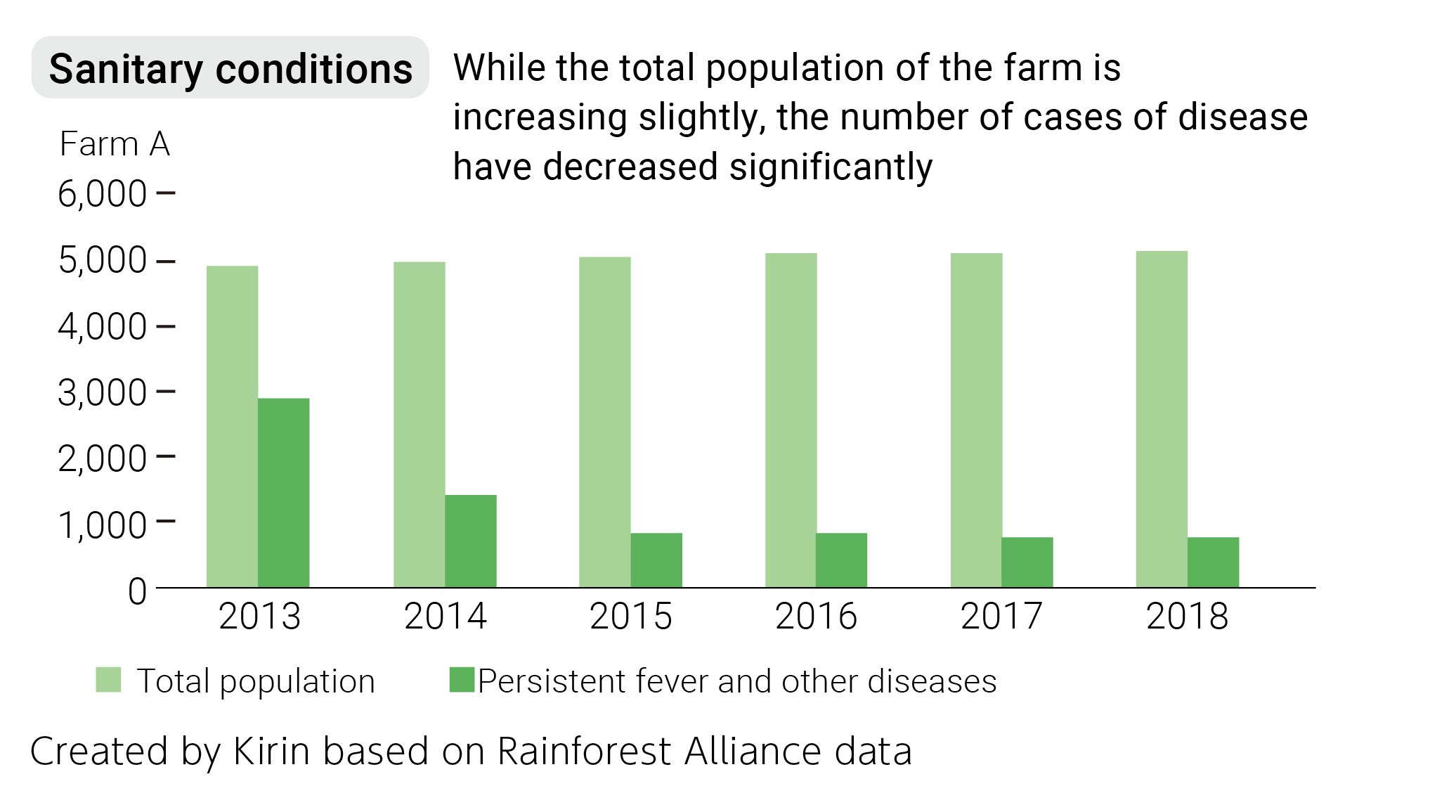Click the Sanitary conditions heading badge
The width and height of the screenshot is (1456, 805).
(x=230, y=68)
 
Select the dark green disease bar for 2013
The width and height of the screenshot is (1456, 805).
(x=283, y=492)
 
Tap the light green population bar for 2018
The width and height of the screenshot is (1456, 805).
(x=1161, y=419)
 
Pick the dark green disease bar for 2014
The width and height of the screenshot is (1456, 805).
(x=470, y=541)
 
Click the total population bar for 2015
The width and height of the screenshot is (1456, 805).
(x=604, y=422)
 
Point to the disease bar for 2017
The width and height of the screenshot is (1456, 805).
(x=1027, y=562)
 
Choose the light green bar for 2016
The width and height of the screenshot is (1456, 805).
(x=791, y=420)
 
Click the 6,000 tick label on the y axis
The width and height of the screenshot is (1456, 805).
(x=102, y=194)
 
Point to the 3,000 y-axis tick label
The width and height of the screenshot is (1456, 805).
(x=102, y=393)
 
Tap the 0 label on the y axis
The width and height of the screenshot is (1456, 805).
(x=137, y=592)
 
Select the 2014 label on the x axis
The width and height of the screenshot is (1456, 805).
(x=445, y=617)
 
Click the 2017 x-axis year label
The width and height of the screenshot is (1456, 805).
(x=1001, y=617)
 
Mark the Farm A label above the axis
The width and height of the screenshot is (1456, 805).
(x=115, y=144)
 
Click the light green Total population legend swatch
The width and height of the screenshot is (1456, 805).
(x=108, y=680)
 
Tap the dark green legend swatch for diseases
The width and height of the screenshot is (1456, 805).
(x=462, y=680)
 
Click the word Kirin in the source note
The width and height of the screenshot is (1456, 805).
(x=271, y=751)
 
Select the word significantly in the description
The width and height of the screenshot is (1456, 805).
(x=831, y=167)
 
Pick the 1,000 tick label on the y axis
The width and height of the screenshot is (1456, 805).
(x=102, y=525)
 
